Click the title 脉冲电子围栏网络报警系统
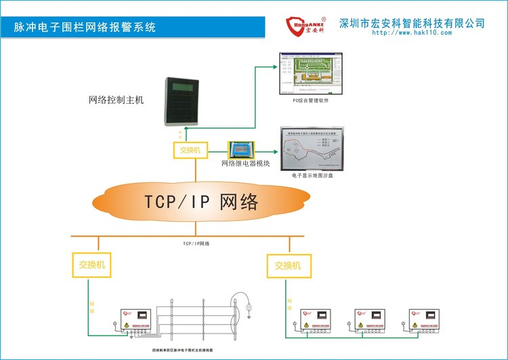point(85,28)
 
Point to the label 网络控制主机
point(117,100)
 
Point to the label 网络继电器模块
point(246,163)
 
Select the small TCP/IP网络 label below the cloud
point(196,243)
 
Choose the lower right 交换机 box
point(287,266)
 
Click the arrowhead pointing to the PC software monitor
point(275,66)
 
